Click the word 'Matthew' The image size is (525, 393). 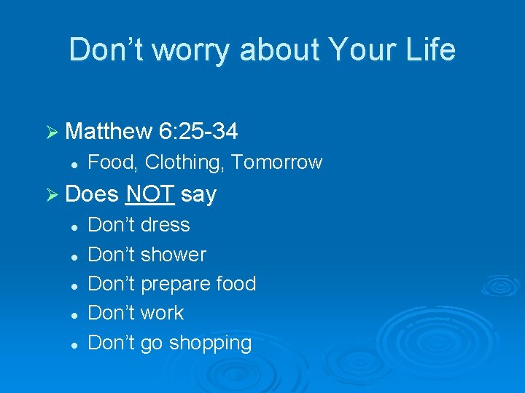(x=108, y=131)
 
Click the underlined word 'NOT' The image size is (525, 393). (x=149, y=194)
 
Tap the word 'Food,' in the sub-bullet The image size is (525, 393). (x=112, y=162)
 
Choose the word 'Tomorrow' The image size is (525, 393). (x=276, y=162)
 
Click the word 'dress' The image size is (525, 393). (x=165, y=225)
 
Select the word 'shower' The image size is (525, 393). (x=173, y=255)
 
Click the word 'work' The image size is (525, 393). (x=162, y=313)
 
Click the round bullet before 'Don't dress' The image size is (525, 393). (x=74, y=226)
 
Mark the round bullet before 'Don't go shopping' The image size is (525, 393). (x=74, y=344)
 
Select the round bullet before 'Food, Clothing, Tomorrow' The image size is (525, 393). (x=74, y=164)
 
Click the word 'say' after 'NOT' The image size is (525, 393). (x=198, y=195)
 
